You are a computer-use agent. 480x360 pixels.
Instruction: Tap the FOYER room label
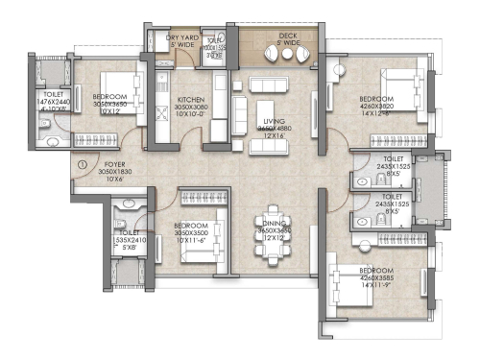[x=115, y=164]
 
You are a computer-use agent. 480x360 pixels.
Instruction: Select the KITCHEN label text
[x=190, y=98]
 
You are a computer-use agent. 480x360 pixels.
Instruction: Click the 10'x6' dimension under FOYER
[x=115, y=180]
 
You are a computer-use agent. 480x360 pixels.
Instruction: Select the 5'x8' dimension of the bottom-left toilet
[x=129, y=246]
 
